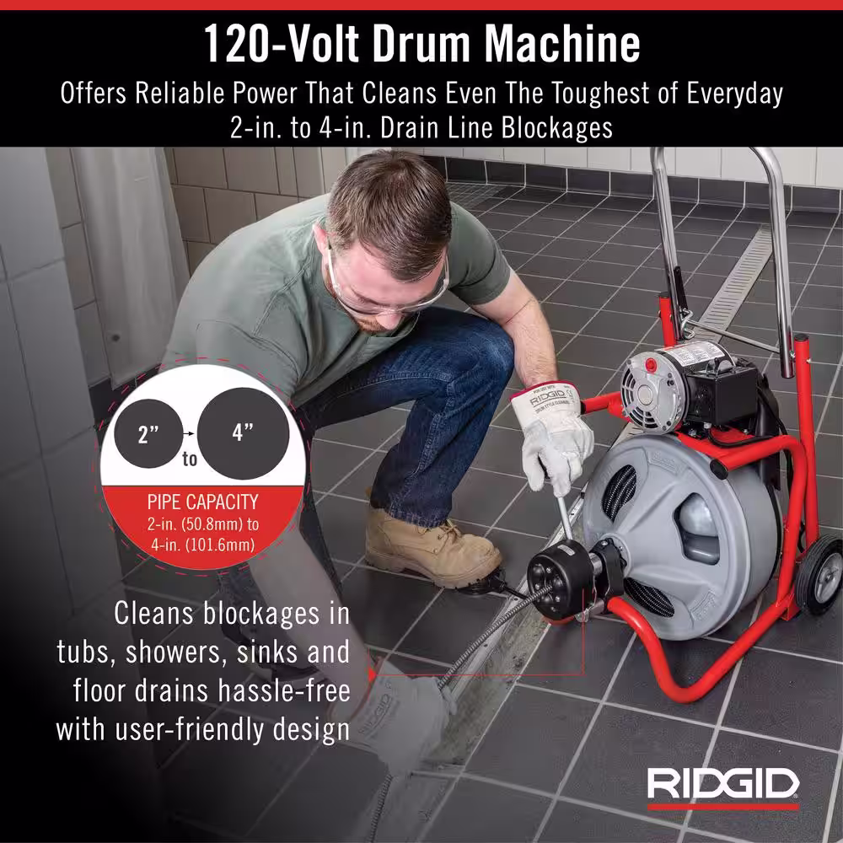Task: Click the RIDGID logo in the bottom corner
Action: coord(723,787)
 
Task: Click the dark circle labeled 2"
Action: coord(148,433)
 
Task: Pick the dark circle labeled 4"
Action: coord(243,433)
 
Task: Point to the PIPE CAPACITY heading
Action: coord(202,502)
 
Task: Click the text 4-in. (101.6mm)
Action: coord(202,545)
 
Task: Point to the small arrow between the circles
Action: coord(189,432)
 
